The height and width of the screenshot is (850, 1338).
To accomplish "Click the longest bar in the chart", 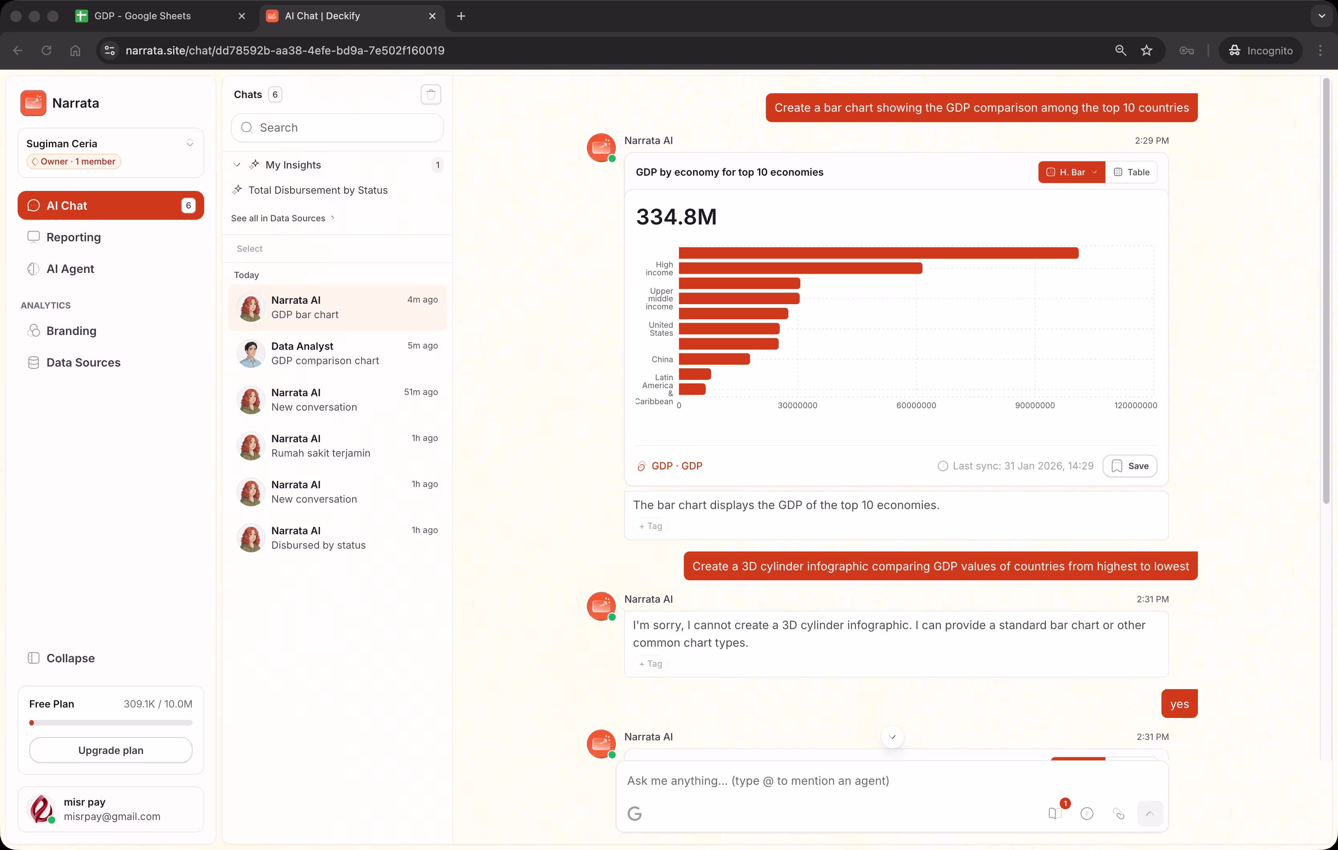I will coord(878,253).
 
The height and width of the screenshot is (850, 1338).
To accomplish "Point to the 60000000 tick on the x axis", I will coord(916,405).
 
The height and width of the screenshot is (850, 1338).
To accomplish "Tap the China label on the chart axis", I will coord(662,359).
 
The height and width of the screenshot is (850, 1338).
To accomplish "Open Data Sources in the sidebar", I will coord(83,362).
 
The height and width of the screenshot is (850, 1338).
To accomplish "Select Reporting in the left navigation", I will coord(73,237).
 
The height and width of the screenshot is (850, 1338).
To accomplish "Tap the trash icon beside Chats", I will coord(431,94).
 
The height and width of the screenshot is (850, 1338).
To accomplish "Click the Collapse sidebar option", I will coord(70,658).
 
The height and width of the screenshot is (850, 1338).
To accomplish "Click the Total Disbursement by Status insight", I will coord(318,190).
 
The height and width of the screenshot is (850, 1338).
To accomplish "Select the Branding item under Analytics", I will coord(71,331).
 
